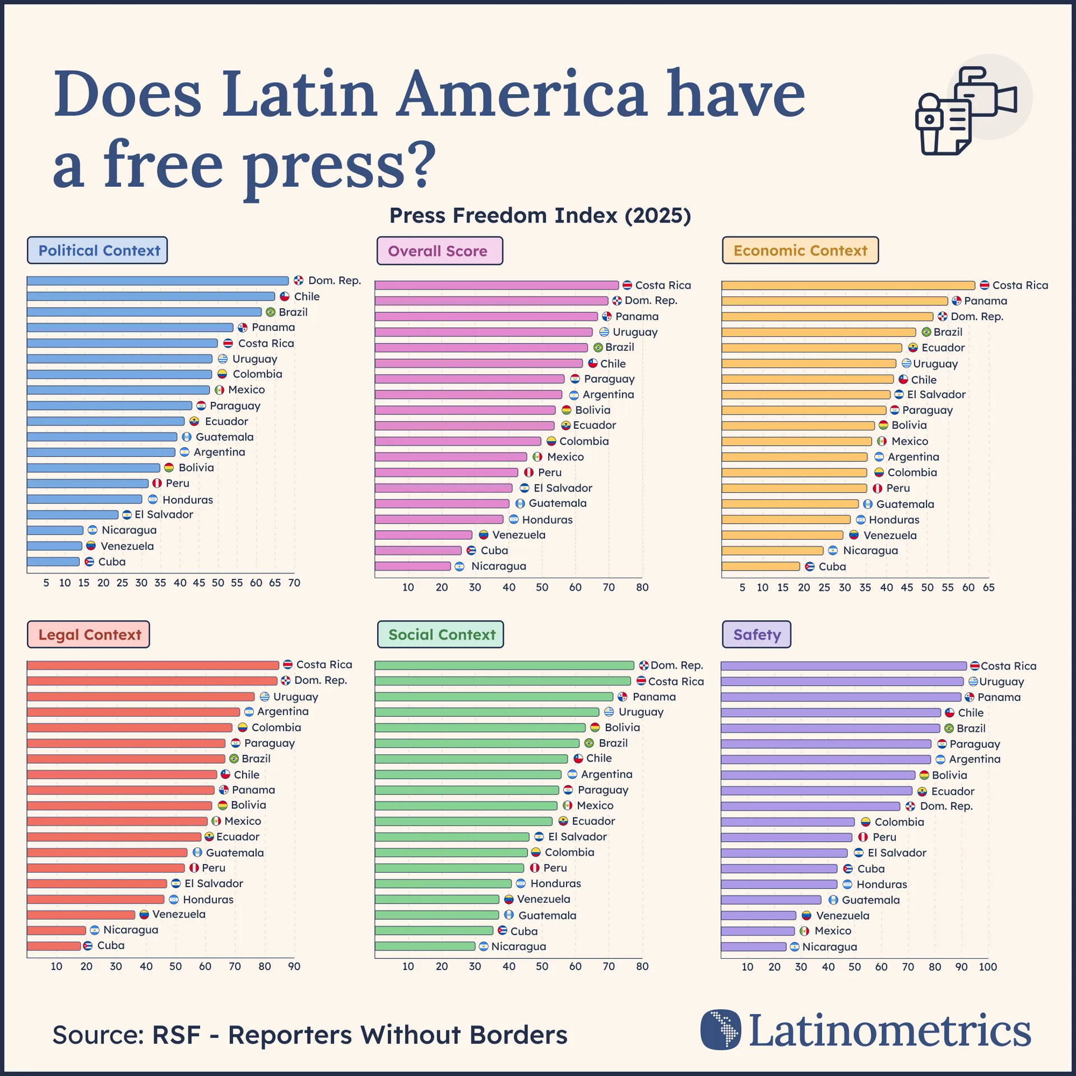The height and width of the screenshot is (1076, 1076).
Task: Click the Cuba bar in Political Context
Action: [x=53, y=562]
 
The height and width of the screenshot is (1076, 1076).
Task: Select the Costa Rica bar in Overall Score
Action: [x=496, y=285]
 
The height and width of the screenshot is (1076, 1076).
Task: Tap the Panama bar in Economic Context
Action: [x=834, y=301]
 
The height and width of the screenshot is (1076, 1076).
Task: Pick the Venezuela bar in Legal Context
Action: [x=81, y=915]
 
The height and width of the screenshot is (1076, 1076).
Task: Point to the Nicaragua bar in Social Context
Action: [x=425, y=946]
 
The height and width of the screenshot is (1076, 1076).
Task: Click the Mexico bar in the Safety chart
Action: [x=758, y=931]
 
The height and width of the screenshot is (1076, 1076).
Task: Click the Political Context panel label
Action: [x=98, y=251]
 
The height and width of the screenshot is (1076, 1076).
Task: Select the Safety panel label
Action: [x=756, y=634]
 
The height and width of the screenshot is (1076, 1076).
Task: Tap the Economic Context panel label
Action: [x=800, y=251]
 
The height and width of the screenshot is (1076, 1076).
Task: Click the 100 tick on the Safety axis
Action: [x=987, y=967]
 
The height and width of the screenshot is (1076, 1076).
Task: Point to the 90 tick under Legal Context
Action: [x=294, y=966]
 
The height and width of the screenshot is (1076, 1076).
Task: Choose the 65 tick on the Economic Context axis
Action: [x=989, y=587]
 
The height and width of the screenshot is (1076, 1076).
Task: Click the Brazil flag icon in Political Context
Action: [x=271, y=312]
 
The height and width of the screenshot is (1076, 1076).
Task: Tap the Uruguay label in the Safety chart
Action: [x=1001, y=681]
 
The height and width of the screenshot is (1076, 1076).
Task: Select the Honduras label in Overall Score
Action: [x=547, y=520]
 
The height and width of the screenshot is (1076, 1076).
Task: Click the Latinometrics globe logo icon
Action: [x=721, y=1030]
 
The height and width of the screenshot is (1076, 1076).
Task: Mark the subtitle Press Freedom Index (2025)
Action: [x=540, y=215]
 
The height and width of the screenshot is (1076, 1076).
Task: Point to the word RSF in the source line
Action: [x=176, y=1035]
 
